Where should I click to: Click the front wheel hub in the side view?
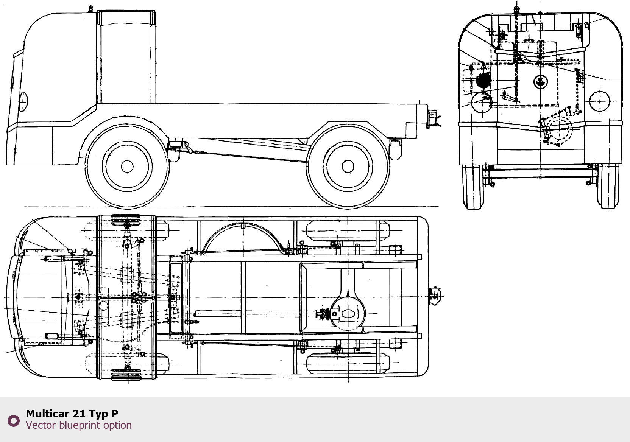click(x=127, y=166)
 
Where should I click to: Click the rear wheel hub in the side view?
click(x=348, y=166)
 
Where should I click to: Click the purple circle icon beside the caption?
click(x=14, y=420)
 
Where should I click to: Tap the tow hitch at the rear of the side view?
click(x=433, y=118)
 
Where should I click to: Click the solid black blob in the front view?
click(x=483, y=80)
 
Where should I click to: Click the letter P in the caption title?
click(x=115, y=414)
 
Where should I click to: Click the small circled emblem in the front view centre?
click(x=540, y=81)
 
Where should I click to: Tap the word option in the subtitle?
click(x=117, y=425)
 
